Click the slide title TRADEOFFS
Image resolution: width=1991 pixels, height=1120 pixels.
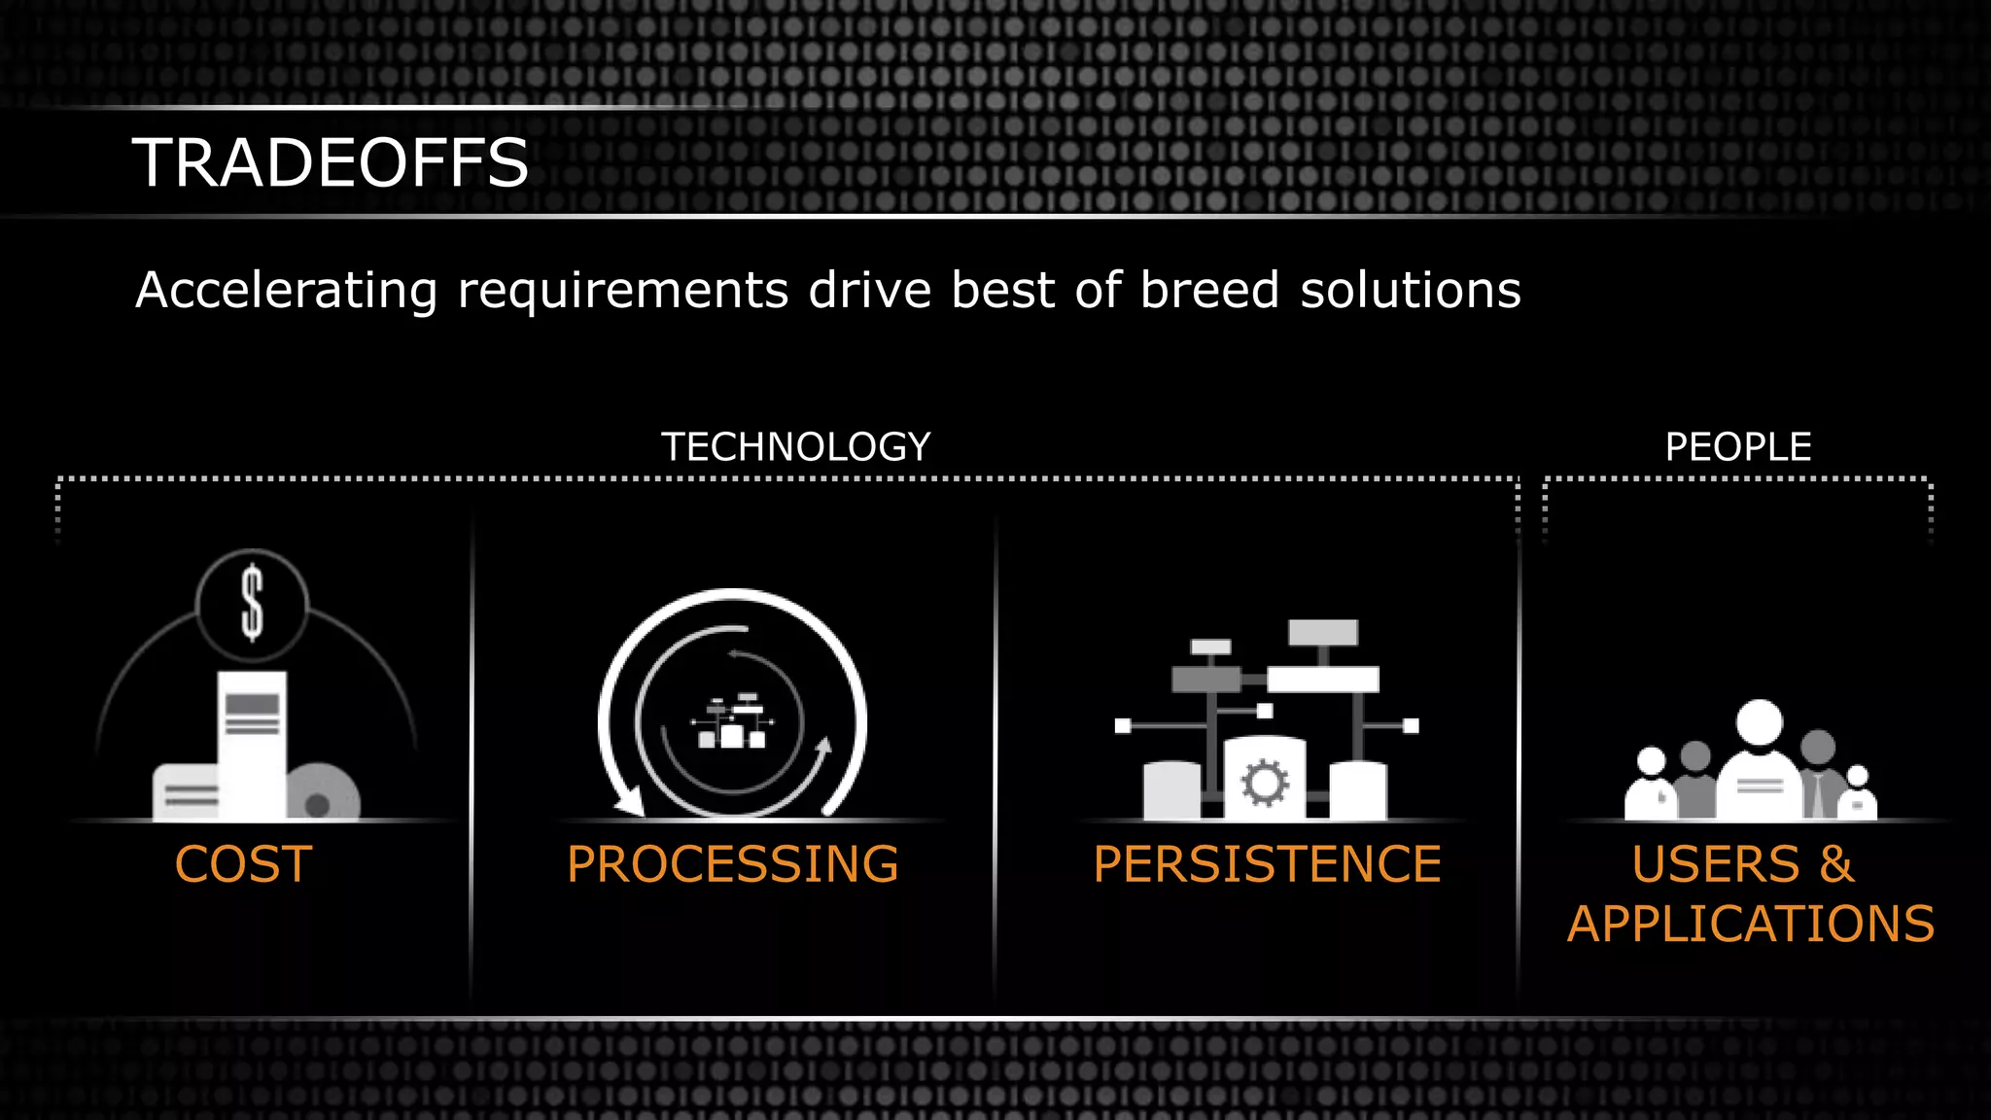[331, 162]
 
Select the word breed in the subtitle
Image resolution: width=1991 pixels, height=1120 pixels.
[1208, 291]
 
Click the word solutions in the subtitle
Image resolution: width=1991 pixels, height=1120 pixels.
[1410, 291]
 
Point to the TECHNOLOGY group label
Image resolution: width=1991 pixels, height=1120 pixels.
[795, 447]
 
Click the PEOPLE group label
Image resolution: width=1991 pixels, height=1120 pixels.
[1737, 447]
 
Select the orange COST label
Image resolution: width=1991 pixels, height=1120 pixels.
[243, 864]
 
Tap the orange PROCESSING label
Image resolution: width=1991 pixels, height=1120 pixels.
[732, 864]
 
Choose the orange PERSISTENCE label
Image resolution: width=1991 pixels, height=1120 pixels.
[1267, 864]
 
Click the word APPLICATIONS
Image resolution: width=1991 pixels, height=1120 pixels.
[1750, 924]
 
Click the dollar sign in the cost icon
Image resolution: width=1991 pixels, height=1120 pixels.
[252, 604]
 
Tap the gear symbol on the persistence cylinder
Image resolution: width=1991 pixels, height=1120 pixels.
[1265, 783]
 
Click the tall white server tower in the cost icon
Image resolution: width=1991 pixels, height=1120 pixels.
[252, 744]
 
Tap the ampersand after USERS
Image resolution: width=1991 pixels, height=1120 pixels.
[1836, 864]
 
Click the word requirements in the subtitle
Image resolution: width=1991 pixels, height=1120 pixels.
[622, 291]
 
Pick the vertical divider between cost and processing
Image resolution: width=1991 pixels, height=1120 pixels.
[472, 758]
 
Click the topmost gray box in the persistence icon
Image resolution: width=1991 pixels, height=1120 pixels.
[1322, 632]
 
